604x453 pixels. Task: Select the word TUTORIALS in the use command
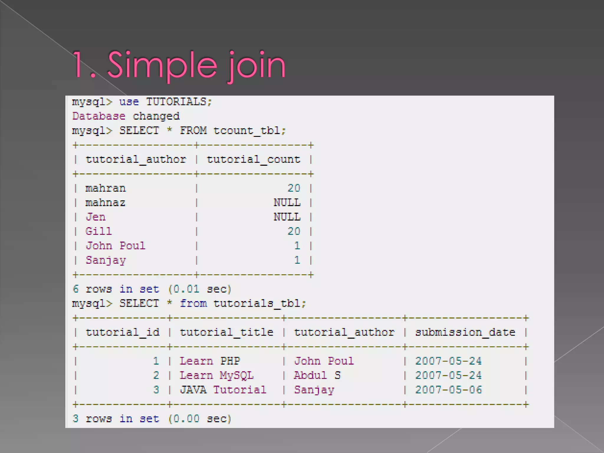[x=176, y=102]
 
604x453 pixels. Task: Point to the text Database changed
[x=126, y=116]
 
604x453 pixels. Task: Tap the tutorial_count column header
[x=253, y=160]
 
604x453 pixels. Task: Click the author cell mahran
[x=106, y=188]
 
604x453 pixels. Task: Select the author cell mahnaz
[x=105, y=203]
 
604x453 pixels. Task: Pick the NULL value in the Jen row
[x=287, y=217]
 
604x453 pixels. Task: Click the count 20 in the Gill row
[x=294, y=231]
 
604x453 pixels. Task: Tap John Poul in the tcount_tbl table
[x=115, y=246]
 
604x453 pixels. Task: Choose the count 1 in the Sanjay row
[x=297, y=260]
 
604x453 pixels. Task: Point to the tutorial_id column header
[x=122, y=332]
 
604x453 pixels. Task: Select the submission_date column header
[x=465, y=332]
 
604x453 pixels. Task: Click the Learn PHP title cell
[x=210, y=361]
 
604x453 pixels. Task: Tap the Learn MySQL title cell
[x=216, y=375]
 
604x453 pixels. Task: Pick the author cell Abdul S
[x=317, y=375]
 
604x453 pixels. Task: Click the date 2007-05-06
[x=448, y=390]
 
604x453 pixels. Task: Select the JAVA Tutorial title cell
[x=223, y=390]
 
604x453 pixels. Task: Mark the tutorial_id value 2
[x=156, y=375]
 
